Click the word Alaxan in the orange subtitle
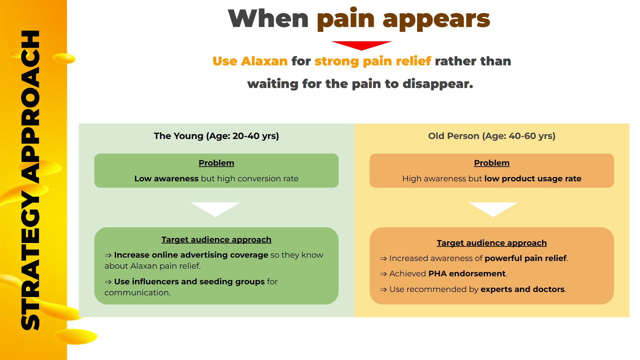coord(264,61)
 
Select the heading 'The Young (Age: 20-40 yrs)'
coord(216,136)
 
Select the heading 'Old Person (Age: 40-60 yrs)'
coord(492,136)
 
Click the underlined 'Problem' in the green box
coord(216,163)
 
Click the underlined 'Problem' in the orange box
coord(492,163)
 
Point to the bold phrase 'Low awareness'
coord(166,179)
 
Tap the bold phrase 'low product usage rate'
coord(533,179)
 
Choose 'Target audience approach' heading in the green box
coord(216,240)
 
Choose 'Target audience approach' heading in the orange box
coord(492,243)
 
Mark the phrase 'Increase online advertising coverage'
coord(191,255)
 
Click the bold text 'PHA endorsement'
coord(467,274)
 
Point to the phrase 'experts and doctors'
coord(523,289)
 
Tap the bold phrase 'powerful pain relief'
coord(526,258)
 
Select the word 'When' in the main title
coord(268,18)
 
